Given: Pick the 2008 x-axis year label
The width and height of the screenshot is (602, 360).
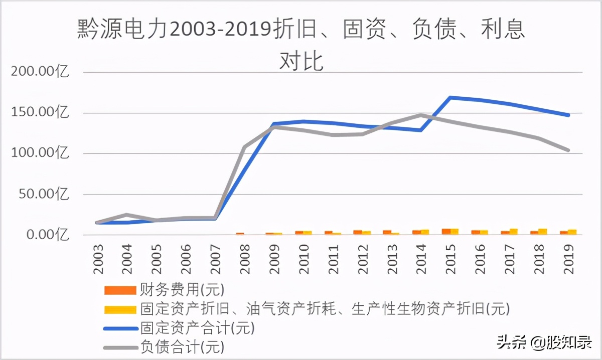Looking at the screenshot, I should tap(244, 259).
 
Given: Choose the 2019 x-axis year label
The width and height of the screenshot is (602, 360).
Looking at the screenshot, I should tap(569, 259).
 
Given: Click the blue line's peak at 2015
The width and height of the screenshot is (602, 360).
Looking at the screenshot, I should tap(450, 97).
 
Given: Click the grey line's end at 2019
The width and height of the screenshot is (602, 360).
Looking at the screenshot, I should tap(569, 150).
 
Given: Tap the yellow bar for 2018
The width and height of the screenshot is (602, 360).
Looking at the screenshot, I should tap(542, 232).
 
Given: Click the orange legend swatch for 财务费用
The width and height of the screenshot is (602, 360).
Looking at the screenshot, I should tap(120, 290).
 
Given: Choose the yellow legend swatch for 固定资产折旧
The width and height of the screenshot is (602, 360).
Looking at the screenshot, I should tap(120, 309).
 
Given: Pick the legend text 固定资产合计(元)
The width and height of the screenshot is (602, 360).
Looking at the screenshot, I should tap(198, 328).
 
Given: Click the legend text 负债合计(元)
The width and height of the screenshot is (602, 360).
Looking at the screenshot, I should tap(182, 346).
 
